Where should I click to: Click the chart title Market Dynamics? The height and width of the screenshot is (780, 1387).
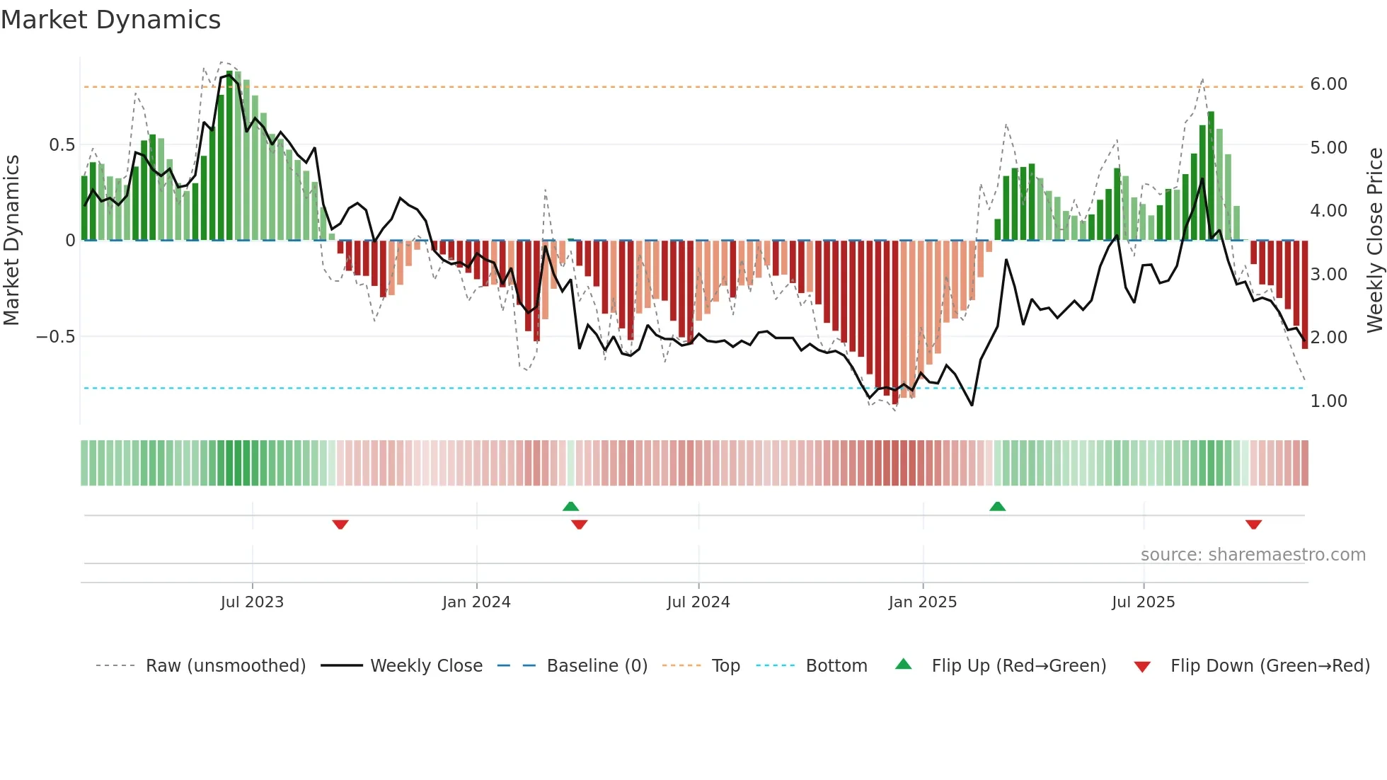[110, 20]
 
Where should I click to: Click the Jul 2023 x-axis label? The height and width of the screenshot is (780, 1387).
[252, 602]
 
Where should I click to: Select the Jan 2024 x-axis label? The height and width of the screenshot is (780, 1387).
[476, 602]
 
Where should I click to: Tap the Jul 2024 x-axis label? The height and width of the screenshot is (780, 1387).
[698, 602]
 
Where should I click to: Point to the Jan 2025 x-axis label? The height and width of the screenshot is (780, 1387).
[922, 602]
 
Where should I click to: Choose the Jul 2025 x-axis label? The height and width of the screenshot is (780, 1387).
[1143, 602]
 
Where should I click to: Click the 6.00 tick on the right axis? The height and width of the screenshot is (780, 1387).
[1328, 84]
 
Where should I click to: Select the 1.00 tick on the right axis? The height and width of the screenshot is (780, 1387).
[1328, 401]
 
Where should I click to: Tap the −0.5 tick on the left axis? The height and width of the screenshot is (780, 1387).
[55, 336]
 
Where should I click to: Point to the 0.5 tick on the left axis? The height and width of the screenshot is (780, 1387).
[62, 145]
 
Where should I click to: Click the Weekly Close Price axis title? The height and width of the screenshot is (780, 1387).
[1374, 240]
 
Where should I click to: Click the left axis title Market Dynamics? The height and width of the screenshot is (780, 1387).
[11, 240]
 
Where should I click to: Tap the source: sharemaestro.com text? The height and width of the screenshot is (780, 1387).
[1253, 554]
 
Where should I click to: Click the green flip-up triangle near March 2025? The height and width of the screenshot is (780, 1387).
[997, 506]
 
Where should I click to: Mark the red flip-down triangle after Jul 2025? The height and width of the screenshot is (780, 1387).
[1253, 524]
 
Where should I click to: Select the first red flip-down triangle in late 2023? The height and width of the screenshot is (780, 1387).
[340, 524]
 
